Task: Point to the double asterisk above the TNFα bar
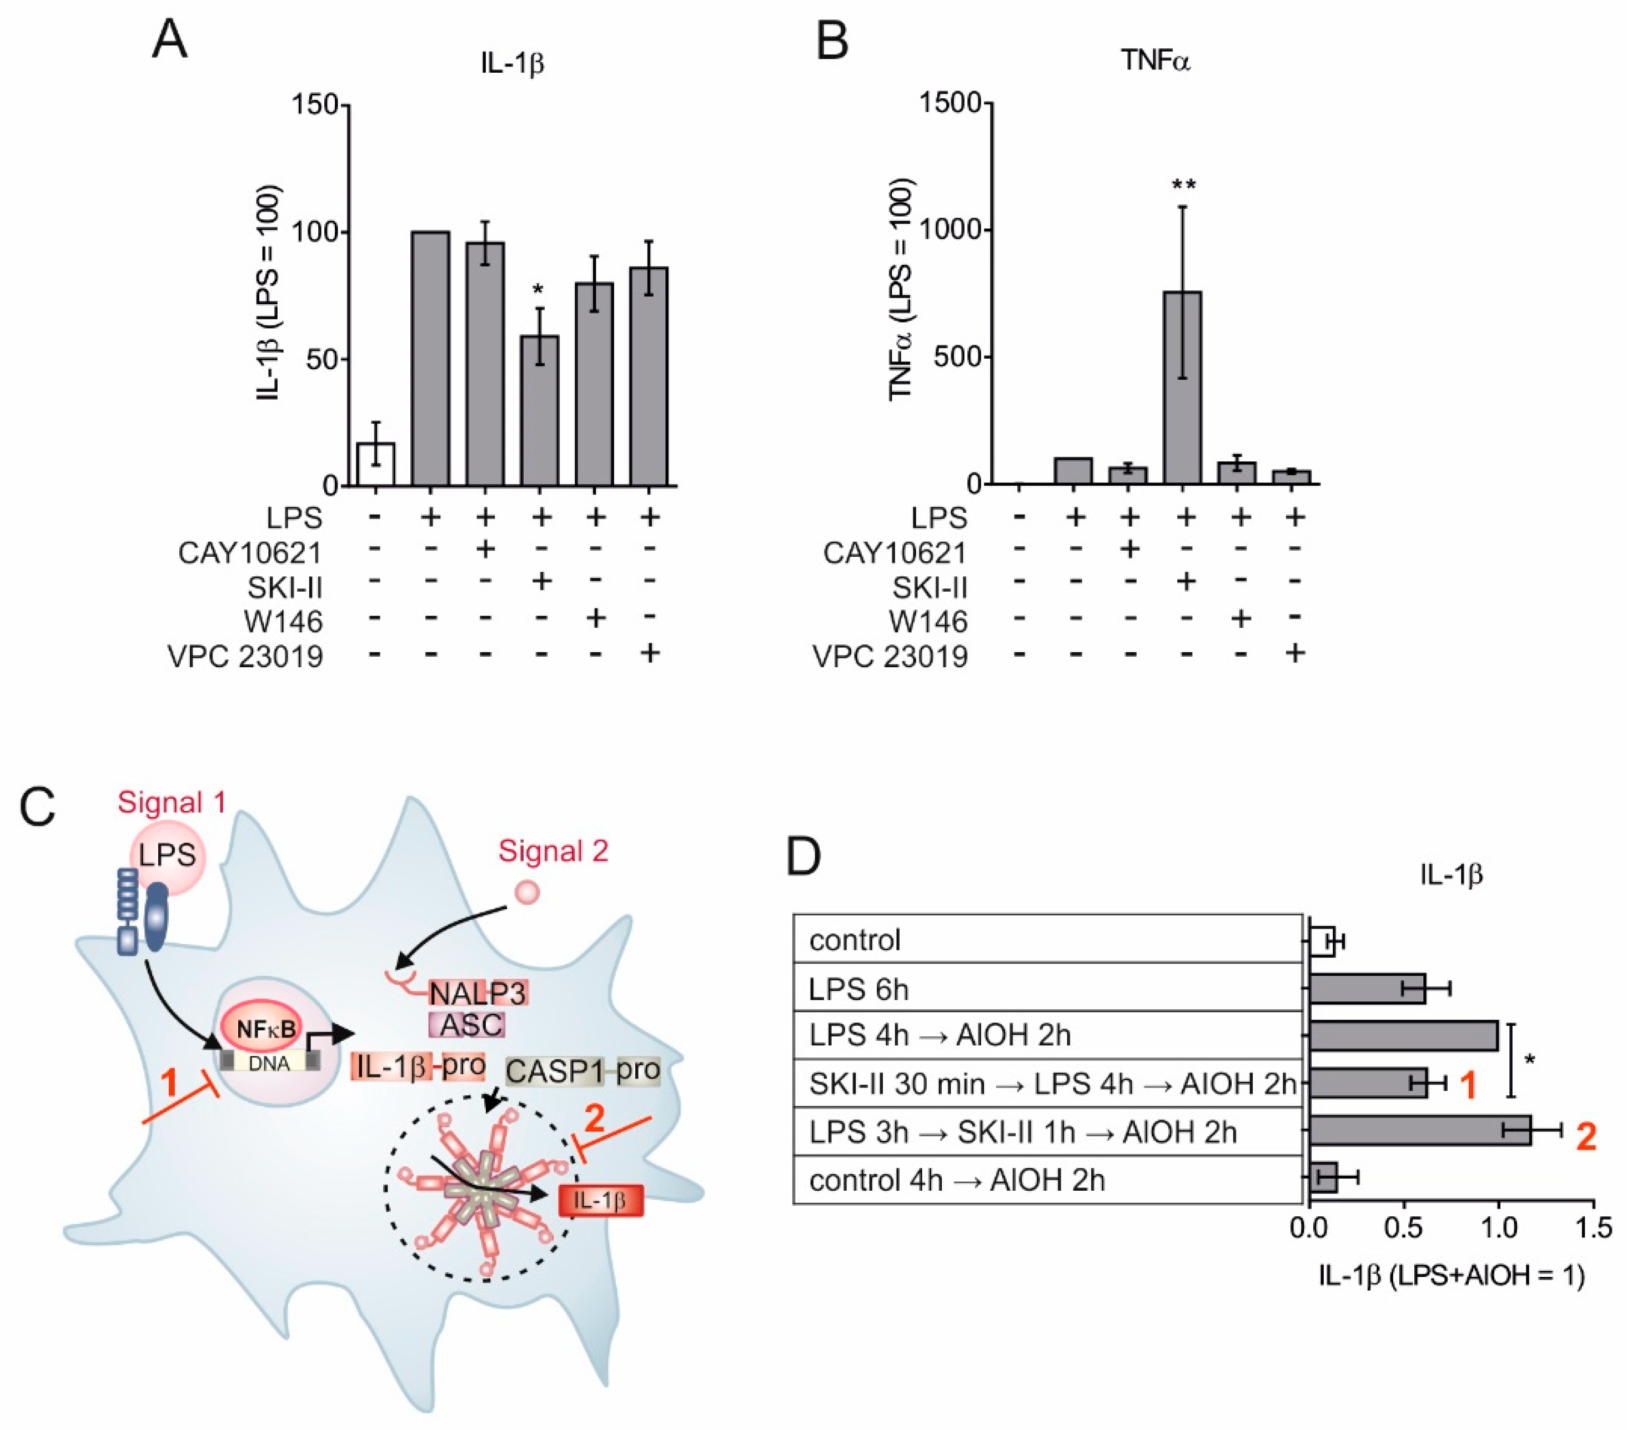(1184, 185)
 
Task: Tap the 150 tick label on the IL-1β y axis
(315, 105)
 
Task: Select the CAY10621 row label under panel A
(250, 552)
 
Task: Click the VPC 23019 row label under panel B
(890, 657)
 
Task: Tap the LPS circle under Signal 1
(167, 856)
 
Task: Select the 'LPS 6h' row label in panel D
(858, 989)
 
